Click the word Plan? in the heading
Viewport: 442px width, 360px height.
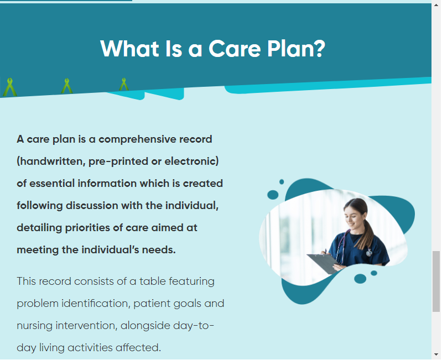[296, 49]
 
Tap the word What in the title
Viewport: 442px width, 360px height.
[129, 49]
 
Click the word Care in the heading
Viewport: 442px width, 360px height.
[235, 49]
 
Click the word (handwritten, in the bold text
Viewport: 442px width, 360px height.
[51, 161]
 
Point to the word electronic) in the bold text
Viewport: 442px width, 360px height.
[191, 161]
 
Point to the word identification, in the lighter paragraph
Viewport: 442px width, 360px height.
[96, 304]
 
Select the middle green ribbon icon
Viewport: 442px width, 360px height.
[67, 86]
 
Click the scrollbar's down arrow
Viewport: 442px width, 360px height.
[436, 354]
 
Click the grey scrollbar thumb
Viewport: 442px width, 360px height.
[436, 281]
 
